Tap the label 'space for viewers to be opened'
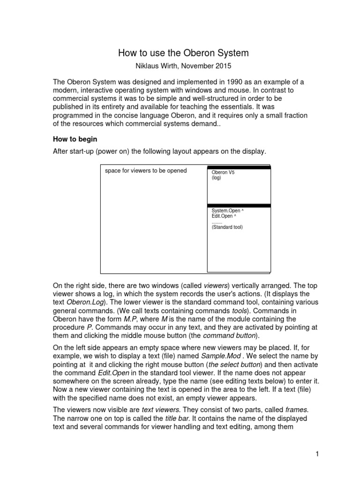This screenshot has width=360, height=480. (146, 171)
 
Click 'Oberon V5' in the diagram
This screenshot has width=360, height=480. (223, 172)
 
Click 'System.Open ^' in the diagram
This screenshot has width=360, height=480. (227, 211)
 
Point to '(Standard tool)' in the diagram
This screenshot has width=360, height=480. (227, 227)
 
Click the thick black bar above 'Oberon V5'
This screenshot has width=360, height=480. (239, 167)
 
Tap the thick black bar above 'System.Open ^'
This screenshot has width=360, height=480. (239, 205)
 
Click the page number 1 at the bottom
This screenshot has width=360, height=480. (317, 454)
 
